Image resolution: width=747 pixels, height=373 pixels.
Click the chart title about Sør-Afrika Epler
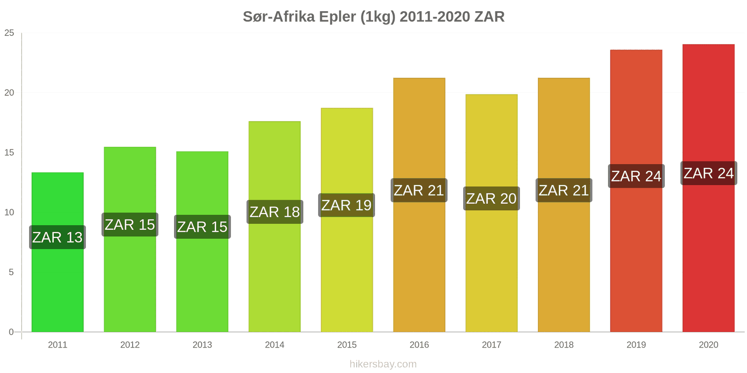tap(373, 17)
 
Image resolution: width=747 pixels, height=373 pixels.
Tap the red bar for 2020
tap(708, 256)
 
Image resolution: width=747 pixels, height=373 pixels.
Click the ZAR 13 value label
tap(57, 237)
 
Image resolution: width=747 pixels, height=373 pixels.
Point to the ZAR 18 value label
tap(275, 212)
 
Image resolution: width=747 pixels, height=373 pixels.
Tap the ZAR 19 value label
tap(346, 205)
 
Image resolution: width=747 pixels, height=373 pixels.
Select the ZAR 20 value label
tap(491, 199)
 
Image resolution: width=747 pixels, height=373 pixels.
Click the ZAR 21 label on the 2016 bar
tap(419, 190)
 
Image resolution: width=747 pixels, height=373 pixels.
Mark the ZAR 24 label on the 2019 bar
tap(636, 176)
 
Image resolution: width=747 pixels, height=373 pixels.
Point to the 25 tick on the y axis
tap(9, 33)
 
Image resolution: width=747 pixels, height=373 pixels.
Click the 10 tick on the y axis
tap(9, 213)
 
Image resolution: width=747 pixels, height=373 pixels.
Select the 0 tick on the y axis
tap(12, 332)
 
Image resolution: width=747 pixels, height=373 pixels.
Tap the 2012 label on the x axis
tap(130, 345)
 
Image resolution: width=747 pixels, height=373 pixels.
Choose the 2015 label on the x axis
tap(347, 345)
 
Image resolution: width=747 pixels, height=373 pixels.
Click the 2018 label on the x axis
tap(564, 345)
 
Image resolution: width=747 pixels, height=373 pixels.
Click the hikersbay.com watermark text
tap(383, 364)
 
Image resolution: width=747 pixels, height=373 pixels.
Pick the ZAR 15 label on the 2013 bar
tap(202, 227)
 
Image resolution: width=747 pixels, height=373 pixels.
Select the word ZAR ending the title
tap(489, 17)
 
